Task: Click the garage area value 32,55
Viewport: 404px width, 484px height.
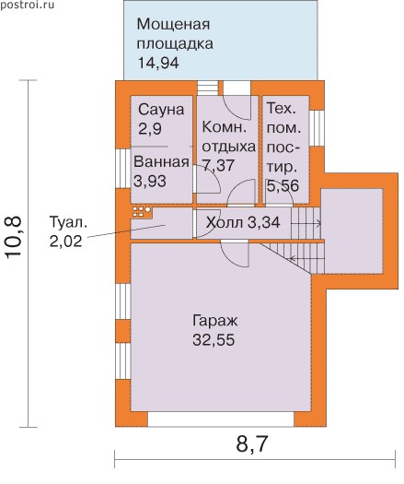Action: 214,340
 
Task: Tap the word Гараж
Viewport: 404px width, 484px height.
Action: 214,321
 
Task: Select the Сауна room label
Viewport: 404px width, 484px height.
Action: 161,110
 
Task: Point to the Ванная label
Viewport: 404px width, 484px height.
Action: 161,162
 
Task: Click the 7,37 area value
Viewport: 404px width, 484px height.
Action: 218,165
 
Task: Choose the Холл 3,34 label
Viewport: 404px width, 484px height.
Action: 243,222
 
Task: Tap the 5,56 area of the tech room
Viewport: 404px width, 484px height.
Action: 283,186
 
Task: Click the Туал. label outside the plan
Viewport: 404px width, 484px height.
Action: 68,222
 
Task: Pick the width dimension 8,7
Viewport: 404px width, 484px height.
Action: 251,443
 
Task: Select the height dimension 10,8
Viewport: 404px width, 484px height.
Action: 14,236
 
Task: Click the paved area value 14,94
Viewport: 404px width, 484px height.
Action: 158,63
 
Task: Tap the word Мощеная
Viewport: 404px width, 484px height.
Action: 173,24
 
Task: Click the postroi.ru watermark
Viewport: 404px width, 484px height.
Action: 28,5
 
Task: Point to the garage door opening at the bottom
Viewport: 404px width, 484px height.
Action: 221,419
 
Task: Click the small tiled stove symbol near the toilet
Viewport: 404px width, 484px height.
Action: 142,211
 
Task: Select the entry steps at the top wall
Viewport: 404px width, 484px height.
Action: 207,88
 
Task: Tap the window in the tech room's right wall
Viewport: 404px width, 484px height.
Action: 317,128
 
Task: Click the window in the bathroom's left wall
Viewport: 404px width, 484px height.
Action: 123,169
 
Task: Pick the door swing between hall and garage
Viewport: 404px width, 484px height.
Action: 235,254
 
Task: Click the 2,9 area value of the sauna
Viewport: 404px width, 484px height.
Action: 150,128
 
